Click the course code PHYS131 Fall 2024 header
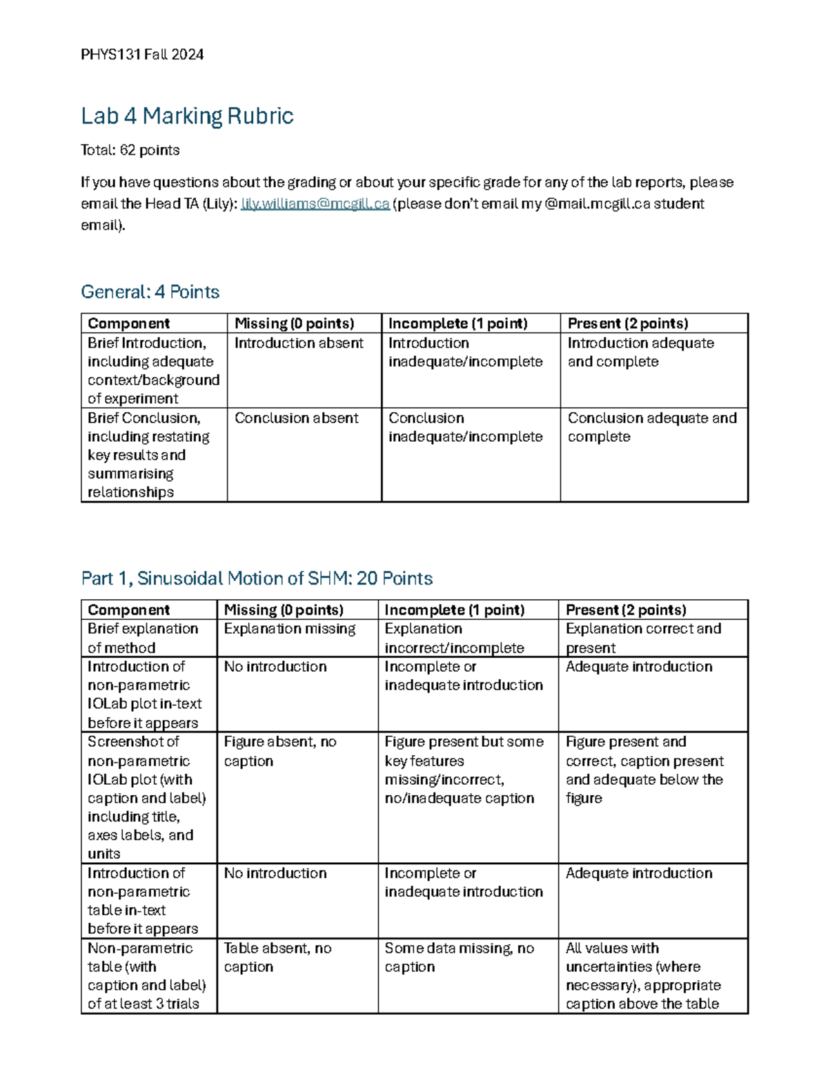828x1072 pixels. click(x=142, y=55)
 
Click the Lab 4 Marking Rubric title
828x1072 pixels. click(x=187, y=116)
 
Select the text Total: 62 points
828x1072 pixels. click(x=130, y=150)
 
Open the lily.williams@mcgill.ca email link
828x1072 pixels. click(x=315, y=204)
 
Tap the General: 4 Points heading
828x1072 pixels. click(x=150, y=292)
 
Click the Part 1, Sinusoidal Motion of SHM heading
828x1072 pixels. click(x=257, y=578)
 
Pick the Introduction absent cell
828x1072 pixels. click(x=299, y=343)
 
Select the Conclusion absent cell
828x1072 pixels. click(x=297, y=418)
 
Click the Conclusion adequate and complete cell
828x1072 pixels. click(x=651, y=427)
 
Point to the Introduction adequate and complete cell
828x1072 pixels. click(x=640, y=352)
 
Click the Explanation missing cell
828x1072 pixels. click(x=290, y=629)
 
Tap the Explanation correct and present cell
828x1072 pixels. click(x=643, y=638)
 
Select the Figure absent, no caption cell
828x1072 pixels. click(x=280, y=751)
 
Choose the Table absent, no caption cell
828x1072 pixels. click(x=277, y=957)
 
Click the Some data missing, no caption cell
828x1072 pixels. click(x=459, y=957)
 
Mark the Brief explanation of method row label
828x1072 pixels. click(x=143, y=638)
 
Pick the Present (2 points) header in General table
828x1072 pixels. click(x=628, y=324)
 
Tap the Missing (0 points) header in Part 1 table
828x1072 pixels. click(x=284, y=610)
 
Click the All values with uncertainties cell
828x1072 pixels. click(x=643, y=976)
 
